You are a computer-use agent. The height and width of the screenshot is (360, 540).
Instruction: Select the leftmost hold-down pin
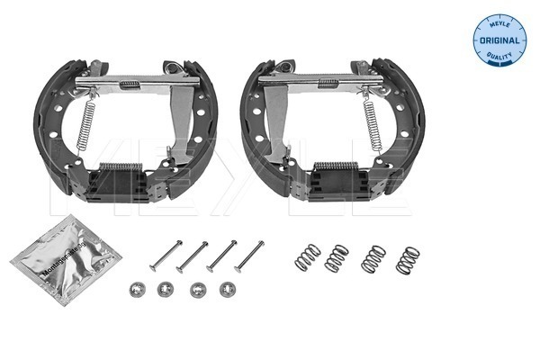(x=166, y=255)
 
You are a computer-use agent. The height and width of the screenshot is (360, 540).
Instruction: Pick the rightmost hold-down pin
(x=247, y=256)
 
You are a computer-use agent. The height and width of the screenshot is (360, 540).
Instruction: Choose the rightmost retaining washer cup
(x=226, y=289)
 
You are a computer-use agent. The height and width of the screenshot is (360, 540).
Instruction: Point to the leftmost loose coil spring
(x=308, y=256)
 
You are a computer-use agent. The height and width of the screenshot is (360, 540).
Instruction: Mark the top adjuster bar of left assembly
(x=130, y=83)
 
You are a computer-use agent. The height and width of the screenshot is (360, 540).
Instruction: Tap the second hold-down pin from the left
(x=193, y=256)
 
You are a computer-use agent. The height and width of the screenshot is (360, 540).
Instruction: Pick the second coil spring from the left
(x=337, y=258)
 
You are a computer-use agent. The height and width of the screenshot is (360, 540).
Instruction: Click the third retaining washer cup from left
(x=196, y=290)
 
